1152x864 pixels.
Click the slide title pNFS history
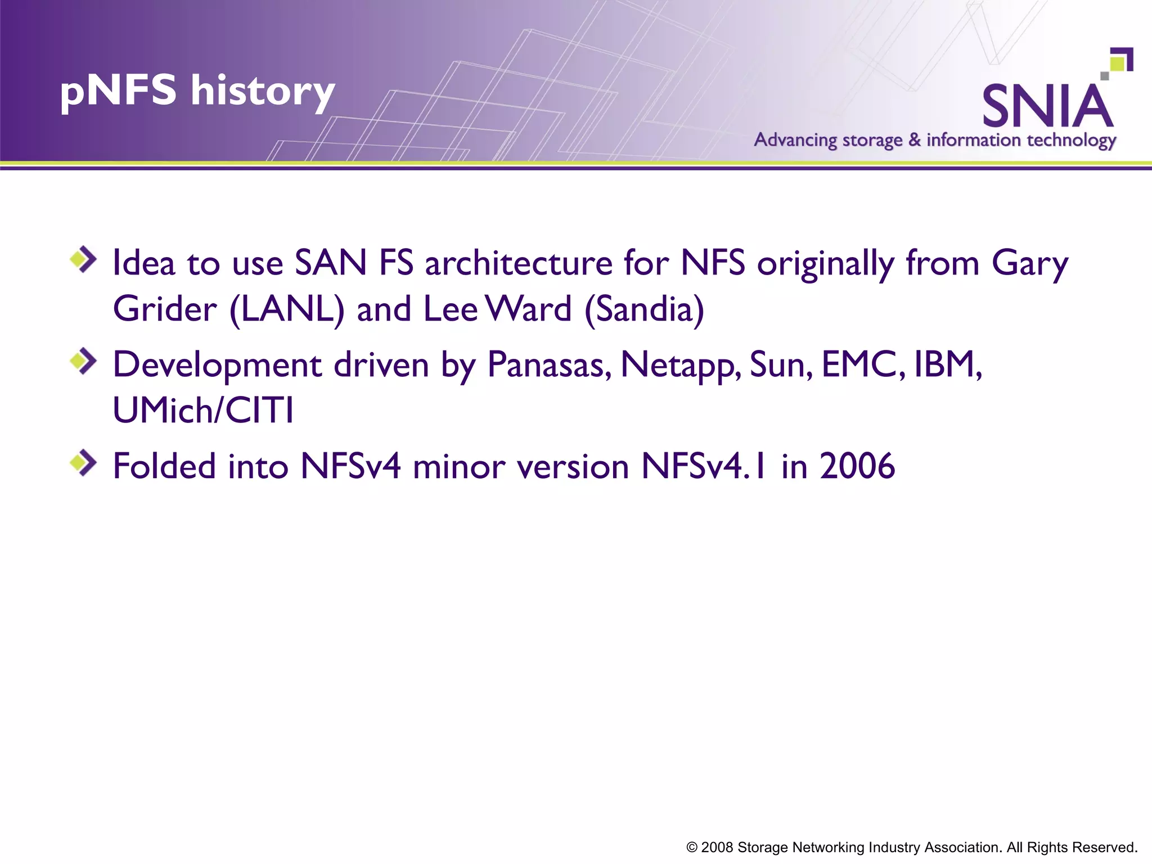(197, 91)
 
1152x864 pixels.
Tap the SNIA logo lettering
(1047, 106)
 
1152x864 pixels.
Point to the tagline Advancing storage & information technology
(935, 140)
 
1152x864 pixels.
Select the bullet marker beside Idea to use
(83, 259)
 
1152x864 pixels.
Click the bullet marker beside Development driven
(83, 361)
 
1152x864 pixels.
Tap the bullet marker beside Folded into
(83, 463)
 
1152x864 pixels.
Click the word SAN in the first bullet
(331, 263)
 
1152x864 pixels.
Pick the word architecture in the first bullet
(518, 264)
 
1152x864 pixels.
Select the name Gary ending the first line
(1029, 264)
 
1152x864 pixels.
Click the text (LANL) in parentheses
(287, 309)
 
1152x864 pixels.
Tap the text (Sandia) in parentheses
(644, 309)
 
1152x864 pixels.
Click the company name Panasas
(549, 364)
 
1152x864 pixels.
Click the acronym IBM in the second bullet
(947, 364)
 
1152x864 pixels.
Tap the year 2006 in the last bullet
(857, 466)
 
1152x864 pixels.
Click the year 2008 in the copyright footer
(717, 848)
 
